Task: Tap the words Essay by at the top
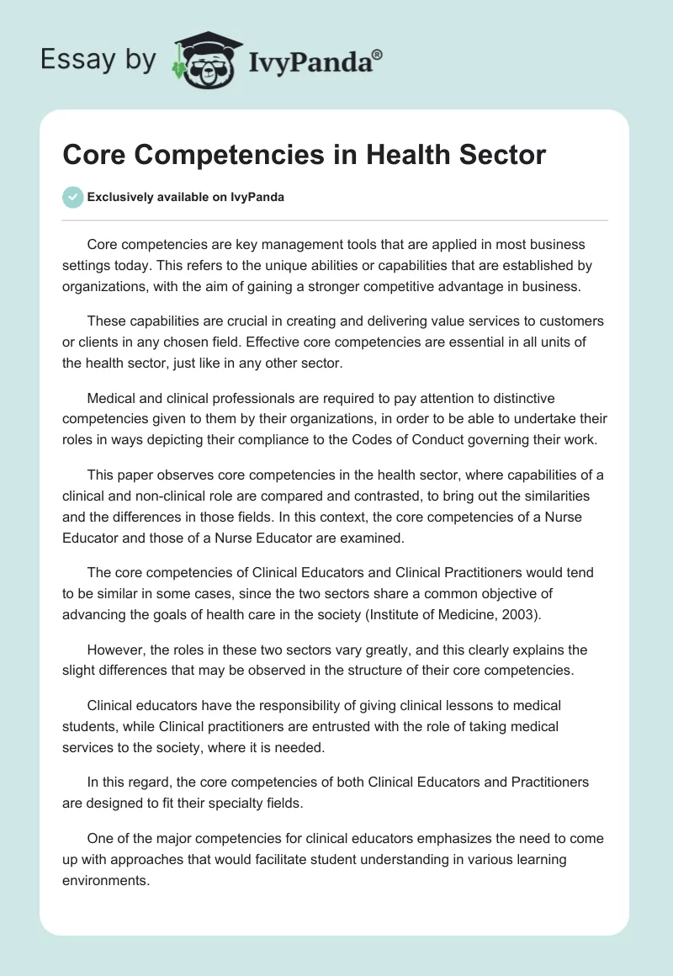(x=98, y=59)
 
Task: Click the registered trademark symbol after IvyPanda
(x=378, y=54)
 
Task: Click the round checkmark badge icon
(x=72, y=197)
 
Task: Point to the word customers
(x=570, y=321)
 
